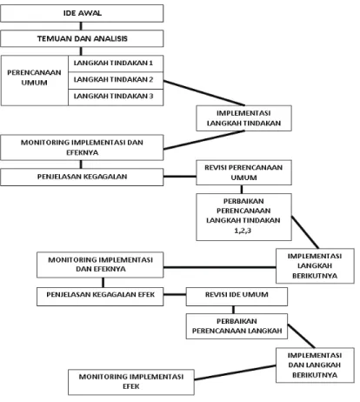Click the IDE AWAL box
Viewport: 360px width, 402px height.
click(x=82, y=13)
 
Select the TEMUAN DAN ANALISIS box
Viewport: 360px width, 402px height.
click(x=82, y=38)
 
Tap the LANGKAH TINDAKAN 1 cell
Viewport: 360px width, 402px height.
click(x=116, y=64)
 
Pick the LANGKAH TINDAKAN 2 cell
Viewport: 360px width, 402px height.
click(x=116, y=80)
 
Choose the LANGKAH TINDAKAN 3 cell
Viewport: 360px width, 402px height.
click(x=116, y=97)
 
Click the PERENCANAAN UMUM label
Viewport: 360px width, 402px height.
click(x=34, y=77)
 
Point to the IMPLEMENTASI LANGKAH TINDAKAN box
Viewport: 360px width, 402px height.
click(x=243, y=118)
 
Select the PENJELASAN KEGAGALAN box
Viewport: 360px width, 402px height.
click(x=82, y=177)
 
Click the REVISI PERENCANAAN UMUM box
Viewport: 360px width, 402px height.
click(x=243, y=172)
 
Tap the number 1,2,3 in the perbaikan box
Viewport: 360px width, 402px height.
click(x=243, y=231)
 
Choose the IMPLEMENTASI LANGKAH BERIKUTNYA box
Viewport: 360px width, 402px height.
click(x=315, y=265)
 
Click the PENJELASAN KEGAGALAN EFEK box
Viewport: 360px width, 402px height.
click(x=100, y=297)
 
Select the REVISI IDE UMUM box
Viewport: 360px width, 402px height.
click(x=237, y=297)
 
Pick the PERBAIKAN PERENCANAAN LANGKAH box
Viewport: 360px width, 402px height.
click(x=237, y=326)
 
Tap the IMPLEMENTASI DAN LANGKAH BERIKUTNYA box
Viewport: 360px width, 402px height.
click(x=315, y=365)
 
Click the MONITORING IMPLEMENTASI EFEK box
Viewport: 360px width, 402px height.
click(x=131, y=382)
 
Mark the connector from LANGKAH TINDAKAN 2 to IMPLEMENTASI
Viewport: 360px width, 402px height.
click(x=204, y=93)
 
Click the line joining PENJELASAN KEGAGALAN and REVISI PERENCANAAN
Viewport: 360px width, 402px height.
click(x=180, y=177)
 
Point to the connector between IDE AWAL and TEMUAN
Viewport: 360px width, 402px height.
click(x=81, y=26)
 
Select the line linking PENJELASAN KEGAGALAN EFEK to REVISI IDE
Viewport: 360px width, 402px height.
click(x=175, y=295)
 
